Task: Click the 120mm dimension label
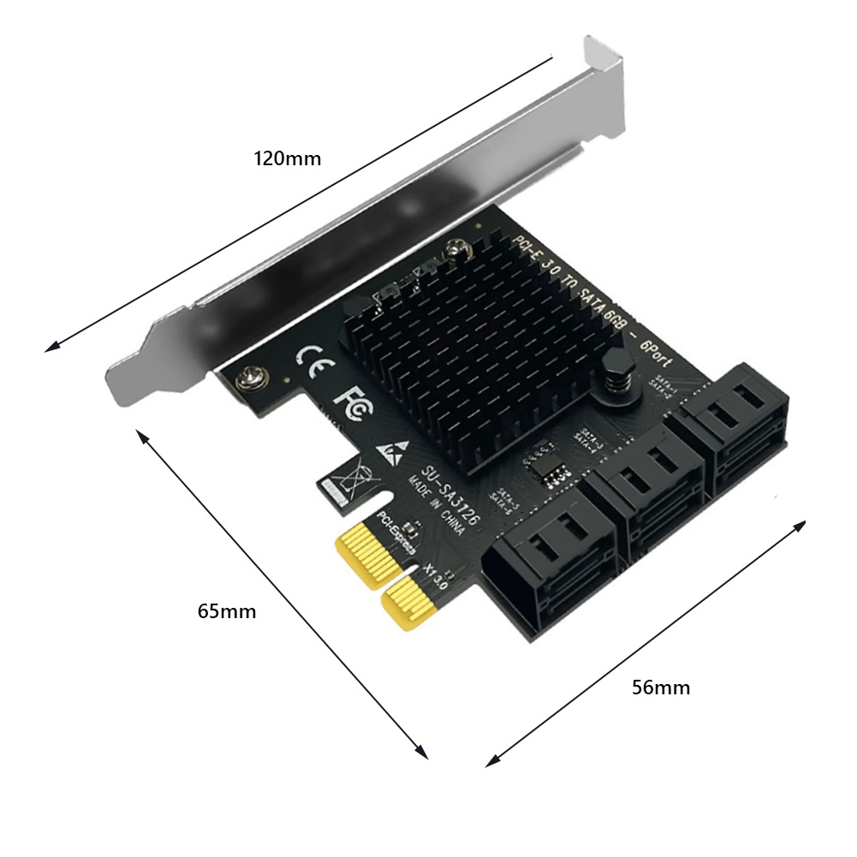(x=287, y=158)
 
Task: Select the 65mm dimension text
(x=226, y=611)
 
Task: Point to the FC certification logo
(x=353, y=402)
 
